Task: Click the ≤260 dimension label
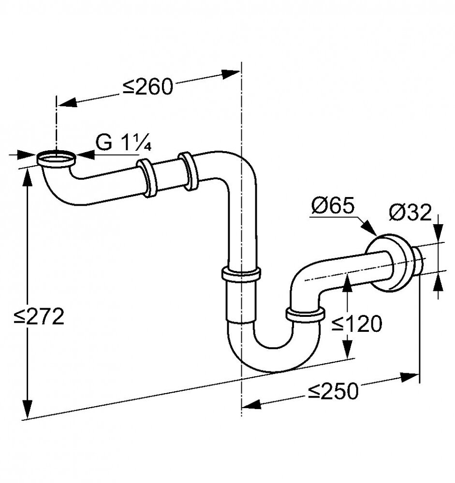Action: pyautogui.click(x=148, y=87)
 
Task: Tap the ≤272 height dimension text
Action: pyautogui.click(x=39, y=316)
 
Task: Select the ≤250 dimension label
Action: pyautogui.click(x=334, y=391)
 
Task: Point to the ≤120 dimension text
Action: pyautogui.click(x=357, y=324)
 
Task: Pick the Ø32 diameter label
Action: pyautogui.click(x=410, y=213)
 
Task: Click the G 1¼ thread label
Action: pyautogui.click(x=123, y=142)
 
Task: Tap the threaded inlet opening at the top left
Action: pyautogui.click(x=57, y=158)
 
